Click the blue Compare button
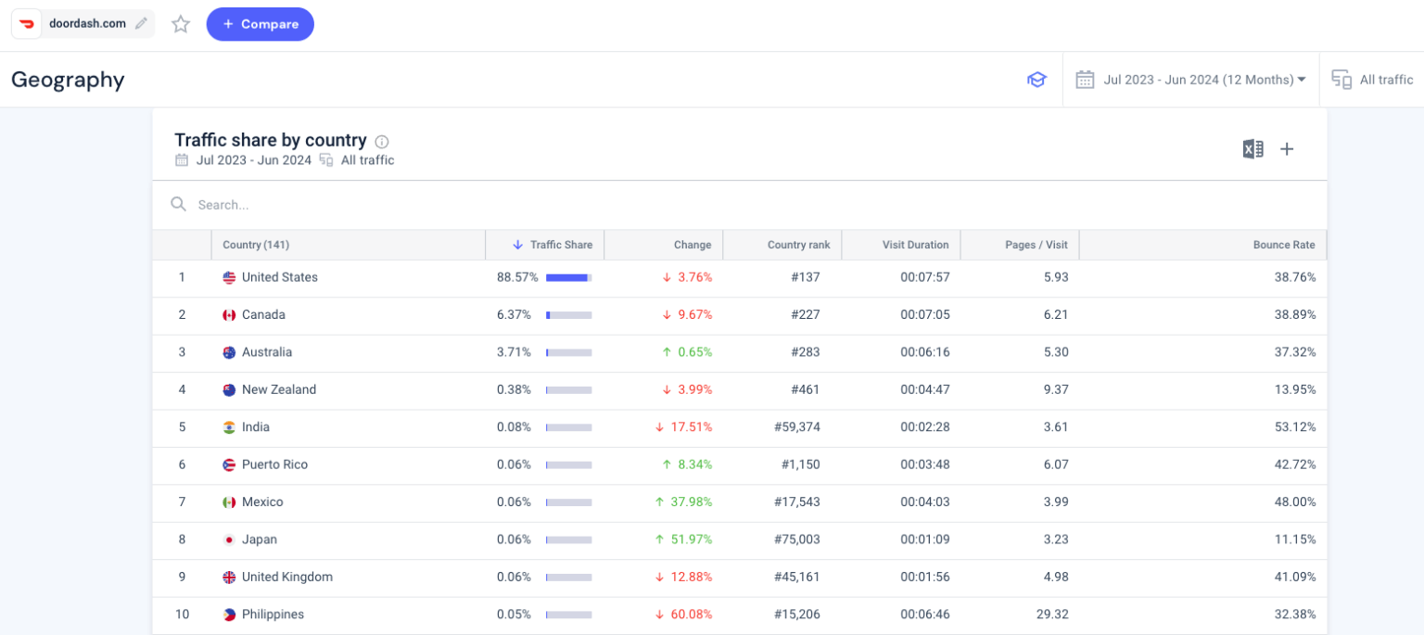pos(260,24)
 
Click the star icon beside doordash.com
pos(181,24)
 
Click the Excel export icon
pos(1252,149)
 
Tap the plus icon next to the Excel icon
pos(1287,149)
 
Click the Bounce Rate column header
pos(1283,245)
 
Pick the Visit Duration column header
pos(914,245)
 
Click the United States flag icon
pos(229,277)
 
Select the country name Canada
pos(263,315)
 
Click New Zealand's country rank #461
pos(805,390)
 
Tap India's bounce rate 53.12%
pos(1294,427)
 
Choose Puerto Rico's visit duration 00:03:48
pos(924,464)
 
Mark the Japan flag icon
pos(229,540)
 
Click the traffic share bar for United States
pos(568,277)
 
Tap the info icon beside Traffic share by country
pos(382,142)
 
